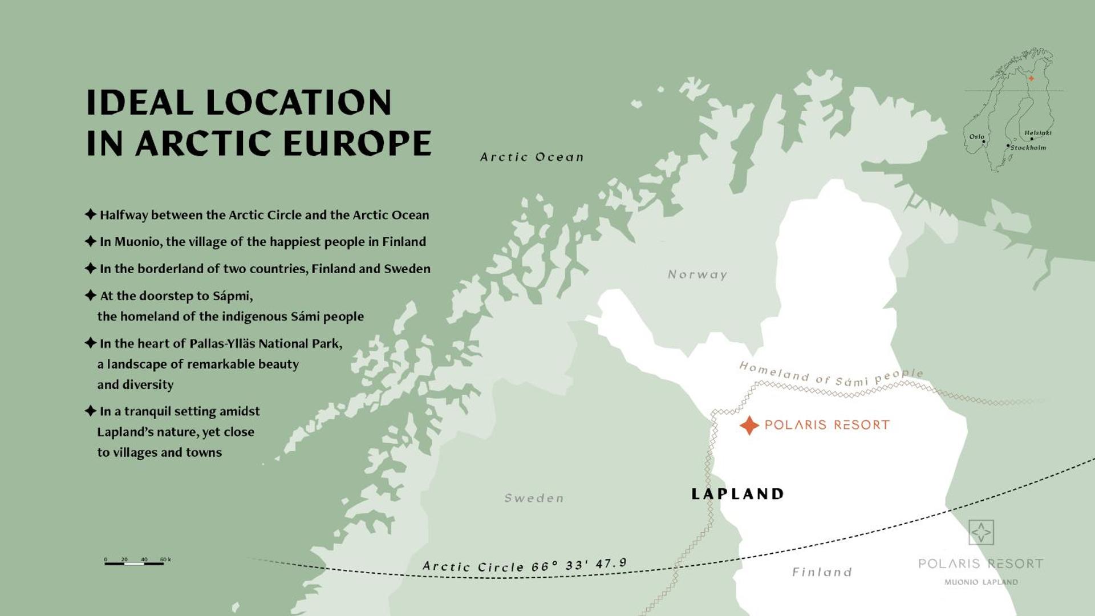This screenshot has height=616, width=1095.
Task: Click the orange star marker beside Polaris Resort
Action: pos(749,425)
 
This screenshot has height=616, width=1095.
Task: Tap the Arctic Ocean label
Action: pos(532,157)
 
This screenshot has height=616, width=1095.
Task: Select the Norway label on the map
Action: pos(697,275)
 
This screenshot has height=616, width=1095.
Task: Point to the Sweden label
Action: pos(534,499)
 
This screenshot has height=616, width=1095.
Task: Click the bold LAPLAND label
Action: pos(737,494)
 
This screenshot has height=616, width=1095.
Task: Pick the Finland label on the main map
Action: pos(822,572)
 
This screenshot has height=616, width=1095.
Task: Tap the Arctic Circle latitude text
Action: pos(524,566)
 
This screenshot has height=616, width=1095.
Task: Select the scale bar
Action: pos(135,563)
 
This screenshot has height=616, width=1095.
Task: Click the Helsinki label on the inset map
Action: pos(1037,133)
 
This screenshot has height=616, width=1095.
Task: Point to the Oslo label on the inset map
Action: pos(976,136)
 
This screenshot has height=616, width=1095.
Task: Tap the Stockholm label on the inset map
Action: pos(1028,148)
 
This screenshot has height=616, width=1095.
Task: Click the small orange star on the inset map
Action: pos(1031,79)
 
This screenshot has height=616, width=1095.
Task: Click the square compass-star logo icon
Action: pos(981,532)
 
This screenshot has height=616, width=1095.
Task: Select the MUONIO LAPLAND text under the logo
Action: pos(981,582)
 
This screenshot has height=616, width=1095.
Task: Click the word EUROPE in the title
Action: pos(357,143)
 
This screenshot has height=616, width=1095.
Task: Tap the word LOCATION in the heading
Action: pos(298,103)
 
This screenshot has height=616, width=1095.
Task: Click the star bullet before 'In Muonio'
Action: pos(90,241)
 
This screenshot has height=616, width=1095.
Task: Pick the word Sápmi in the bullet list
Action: pos(232,296)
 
